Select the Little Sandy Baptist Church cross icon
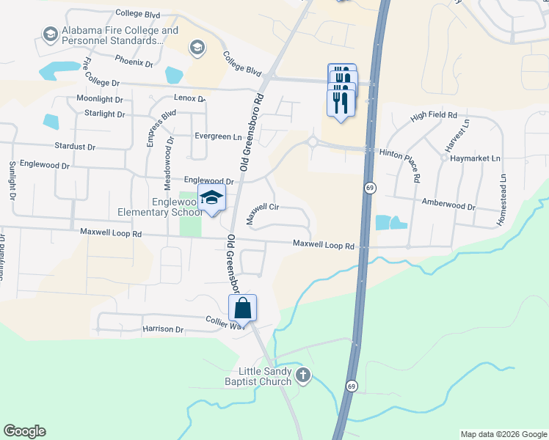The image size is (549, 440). pos(302,375)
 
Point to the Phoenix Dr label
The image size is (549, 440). pos(134,63)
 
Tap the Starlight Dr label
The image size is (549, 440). pos(104,114)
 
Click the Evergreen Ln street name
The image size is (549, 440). pos(217,136)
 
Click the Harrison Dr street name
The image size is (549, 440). pos(163,329)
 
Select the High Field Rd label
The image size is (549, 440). pos(434,116)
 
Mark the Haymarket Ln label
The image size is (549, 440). pos(474,158)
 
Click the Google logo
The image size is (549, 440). pos(24,431)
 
